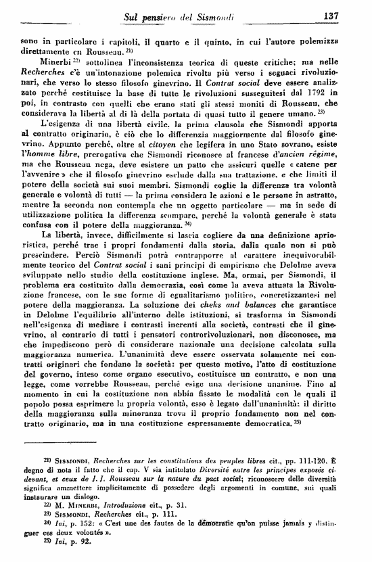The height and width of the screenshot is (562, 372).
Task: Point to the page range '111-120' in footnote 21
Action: pos(325,461)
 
